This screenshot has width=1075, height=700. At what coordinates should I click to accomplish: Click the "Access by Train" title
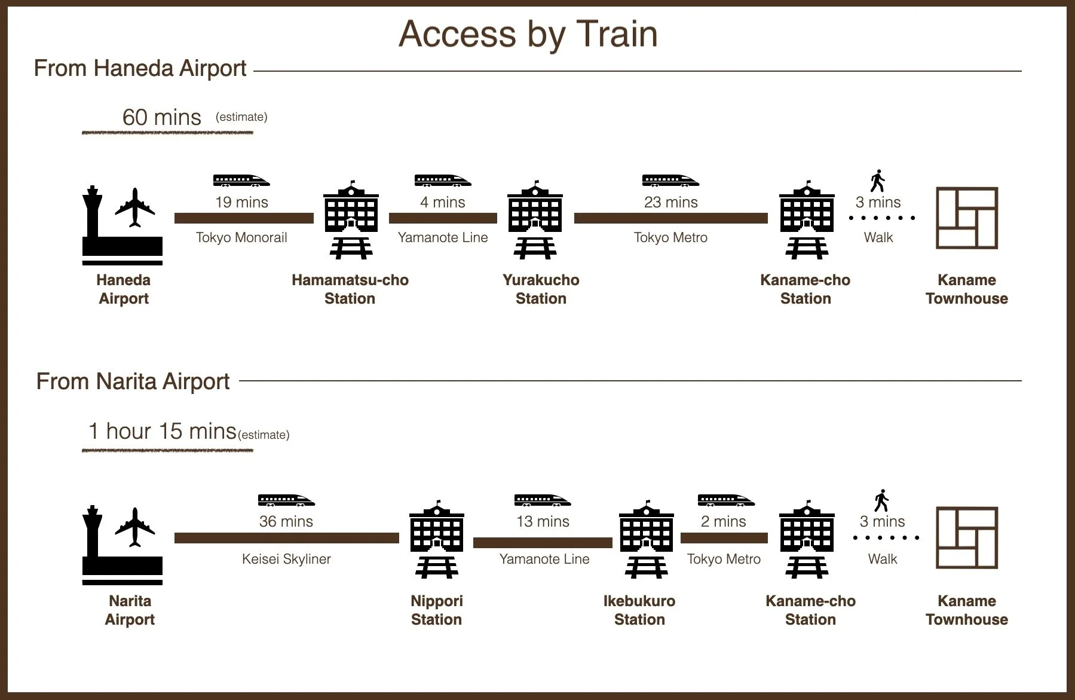[x=528, y=34]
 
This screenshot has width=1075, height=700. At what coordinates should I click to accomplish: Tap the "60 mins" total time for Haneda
[x=161, y=117]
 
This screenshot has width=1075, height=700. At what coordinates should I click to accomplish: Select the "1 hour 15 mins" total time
[x=162, y=431]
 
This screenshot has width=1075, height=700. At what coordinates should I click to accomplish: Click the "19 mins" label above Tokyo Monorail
[x=241, y=202]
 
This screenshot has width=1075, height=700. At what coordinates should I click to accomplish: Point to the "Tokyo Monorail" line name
[x=241, y=237]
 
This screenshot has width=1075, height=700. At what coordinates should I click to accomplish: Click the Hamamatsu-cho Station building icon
[x=351, y=219]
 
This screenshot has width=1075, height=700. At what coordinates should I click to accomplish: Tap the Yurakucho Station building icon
[x=535, y=219]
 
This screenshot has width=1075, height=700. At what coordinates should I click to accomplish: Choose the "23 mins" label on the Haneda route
[x=670, y=202]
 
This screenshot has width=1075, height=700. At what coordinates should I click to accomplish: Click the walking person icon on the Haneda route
[x=877, y=181]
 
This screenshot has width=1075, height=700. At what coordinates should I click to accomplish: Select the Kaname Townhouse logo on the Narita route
[x=966, y=537]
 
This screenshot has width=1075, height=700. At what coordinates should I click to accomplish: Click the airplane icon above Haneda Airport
[x=135, y=207]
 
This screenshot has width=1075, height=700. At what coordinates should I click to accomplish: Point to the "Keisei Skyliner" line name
[x=286, y=559]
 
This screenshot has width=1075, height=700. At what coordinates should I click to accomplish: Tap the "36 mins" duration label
[x=286, y=521]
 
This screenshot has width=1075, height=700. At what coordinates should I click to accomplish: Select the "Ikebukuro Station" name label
[x=639, y=610]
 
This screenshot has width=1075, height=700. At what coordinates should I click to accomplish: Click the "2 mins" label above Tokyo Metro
[x=723, y=521]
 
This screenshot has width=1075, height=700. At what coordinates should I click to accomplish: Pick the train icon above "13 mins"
[x=542, y=500]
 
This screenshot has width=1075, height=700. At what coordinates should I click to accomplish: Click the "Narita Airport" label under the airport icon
[x=130, y=610]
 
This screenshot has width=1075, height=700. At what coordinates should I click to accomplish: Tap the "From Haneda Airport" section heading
[x=140, y=68]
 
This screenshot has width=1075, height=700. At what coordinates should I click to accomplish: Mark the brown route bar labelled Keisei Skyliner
[x=286, y=538]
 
